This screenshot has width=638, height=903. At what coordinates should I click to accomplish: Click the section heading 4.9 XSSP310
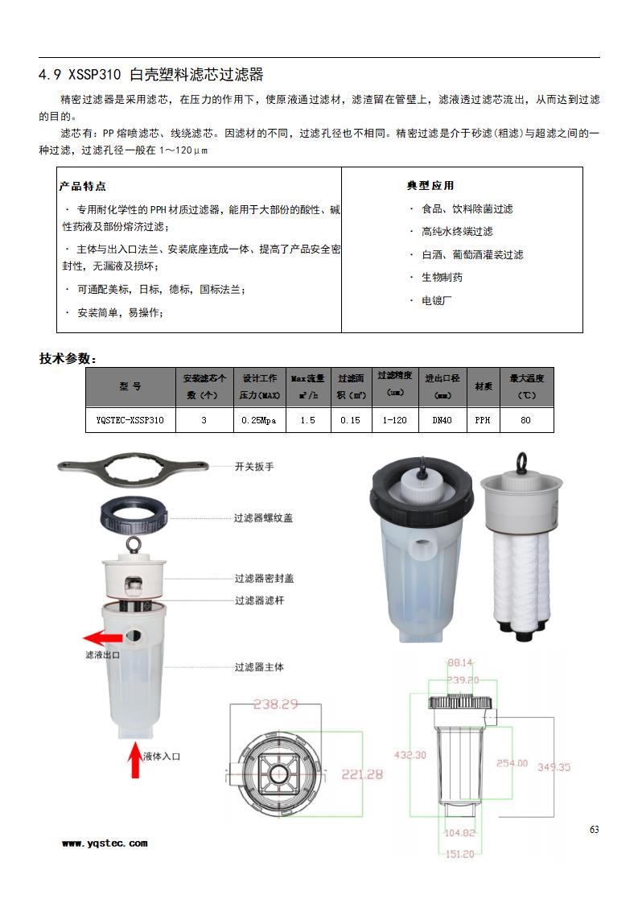pos(151,76)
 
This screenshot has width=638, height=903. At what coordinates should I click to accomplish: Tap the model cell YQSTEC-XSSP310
pos(130,420)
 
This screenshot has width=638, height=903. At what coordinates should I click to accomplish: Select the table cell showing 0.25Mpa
pos(259,420)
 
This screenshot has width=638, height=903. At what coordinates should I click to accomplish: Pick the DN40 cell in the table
pos(442,420)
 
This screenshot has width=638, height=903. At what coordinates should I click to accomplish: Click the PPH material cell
pos(483,420)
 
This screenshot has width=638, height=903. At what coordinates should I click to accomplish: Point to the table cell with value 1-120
pos(394,420)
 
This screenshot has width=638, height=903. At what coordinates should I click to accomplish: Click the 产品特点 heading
pos(82,187)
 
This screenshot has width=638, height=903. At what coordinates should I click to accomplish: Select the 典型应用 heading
pos(430,187)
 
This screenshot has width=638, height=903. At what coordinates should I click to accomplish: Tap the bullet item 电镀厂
pos(437,300)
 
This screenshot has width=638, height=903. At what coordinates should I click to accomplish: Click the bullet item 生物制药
pos(442,278)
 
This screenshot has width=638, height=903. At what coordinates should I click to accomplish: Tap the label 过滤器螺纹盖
pos(263,518)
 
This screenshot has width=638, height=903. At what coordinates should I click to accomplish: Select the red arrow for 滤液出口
pos(104,637)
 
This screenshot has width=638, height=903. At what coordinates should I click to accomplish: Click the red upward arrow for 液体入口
pos(135,761)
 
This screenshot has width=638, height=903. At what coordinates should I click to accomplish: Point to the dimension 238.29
pos(276,704)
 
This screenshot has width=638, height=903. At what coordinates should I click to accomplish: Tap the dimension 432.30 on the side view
pos(410,755)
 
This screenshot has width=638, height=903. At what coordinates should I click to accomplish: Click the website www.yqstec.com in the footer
pos(105,843)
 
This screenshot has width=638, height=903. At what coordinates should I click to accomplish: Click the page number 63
pos(594,830)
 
